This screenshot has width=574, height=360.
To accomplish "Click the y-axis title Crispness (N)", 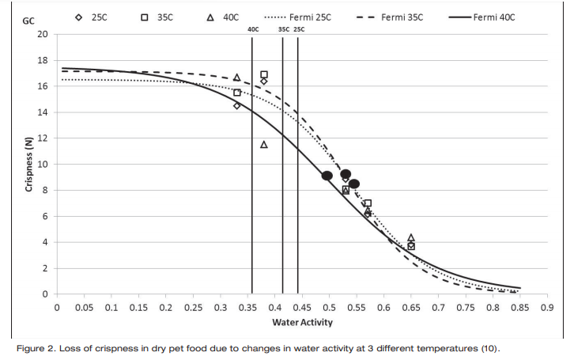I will coord(29,164).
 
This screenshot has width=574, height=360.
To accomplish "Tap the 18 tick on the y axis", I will coord(43,60).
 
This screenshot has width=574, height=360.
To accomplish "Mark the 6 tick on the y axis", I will coord(45,216).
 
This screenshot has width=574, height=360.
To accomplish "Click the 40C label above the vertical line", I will coord(253,29).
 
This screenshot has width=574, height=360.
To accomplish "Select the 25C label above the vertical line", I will coord(299,29).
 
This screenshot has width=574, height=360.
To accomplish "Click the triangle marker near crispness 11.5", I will coord(264,145).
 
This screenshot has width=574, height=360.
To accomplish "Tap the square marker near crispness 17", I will coord(264,74).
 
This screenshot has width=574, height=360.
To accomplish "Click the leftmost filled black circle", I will coord(327,176).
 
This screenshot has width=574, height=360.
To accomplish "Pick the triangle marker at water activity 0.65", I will coord(410,237).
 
